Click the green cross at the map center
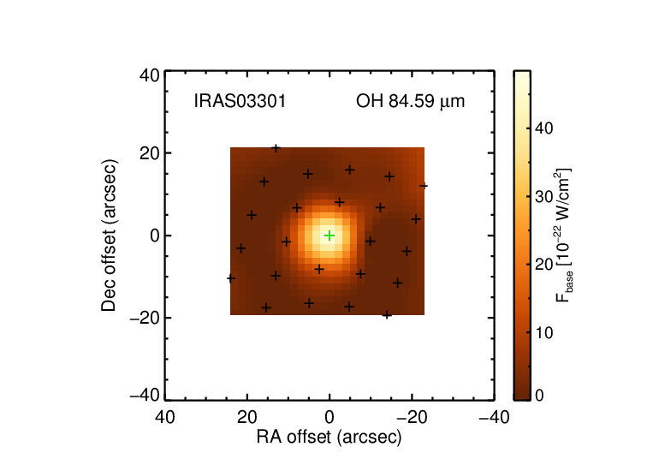[329, 235]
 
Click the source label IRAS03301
[240, 101]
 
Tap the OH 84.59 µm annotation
[410, 102]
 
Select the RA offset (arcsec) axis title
[329, 438]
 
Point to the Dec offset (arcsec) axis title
[109, 235]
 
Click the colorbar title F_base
[563, 235]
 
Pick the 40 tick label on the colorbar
[543, 128]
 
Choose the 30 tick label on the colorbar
[543, 196]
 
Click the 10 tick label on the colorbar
[543, 332]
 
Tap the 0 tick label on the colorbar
[539, 396]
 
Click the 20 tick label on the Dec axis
[150, 153]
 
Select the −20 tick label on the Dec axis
[145, 318]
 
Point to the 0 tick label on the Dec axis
[155, 235]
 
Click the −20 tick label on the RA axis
[412, 417]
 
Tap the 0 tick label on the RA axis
[329, 417]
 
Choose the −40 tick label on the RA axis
[495, 417]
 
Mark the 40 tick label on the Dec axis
[150, 75]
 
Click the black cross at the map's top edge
[276, 148]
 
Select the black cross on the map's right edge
[424, 186]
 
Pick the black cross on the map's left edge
[231, 278]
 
